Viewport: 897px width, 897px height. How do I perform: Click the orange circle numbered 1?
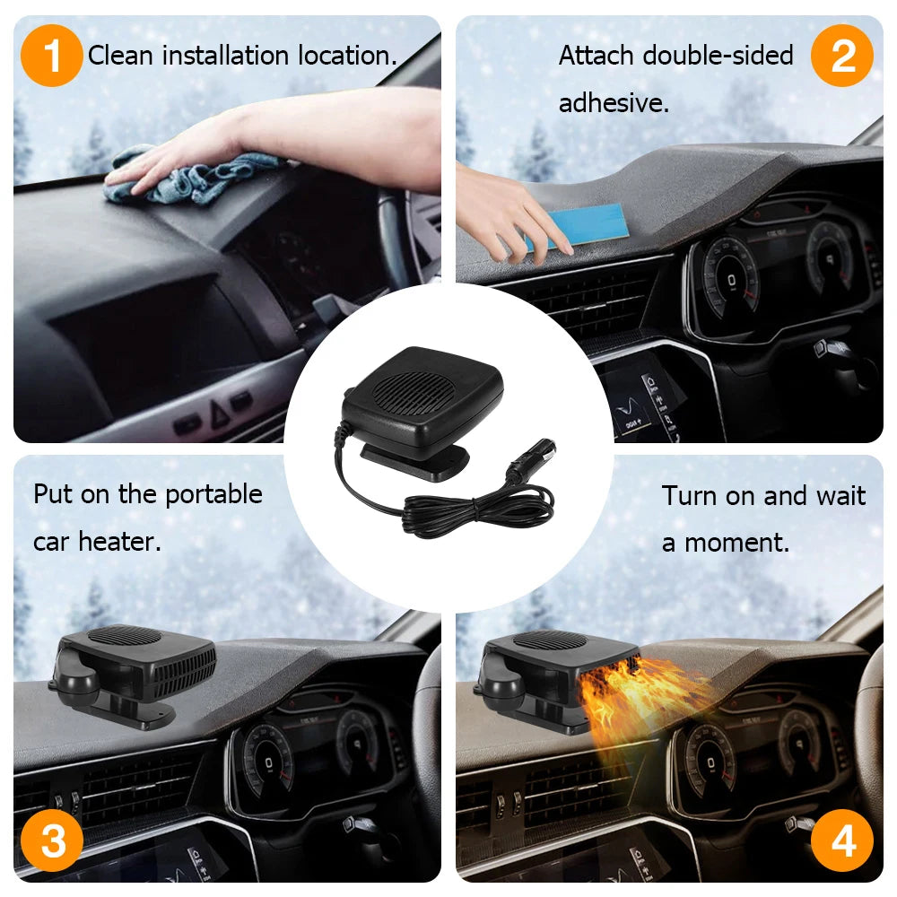pyautogui.click(x=51, y=56)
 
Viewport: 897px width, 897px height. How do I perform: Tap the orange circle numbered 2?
pyautogui.click(x=842, y=56)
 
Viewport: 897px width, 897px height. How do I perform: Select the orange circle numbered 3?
pyautogui.click(x=52, y=840)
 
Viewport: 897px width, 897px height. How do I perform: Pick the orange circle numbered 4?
pyautogui.click(x=842, y=840)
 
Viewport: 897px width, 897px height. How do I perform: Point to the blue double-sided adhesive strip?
pyautogui.click(x=578, y=227)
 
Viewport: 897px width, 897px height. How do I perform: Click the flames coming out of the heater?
pyautogui.click(x=640, y=703)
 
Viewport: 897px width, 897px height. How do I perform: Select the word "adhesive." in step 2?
pyautogui.click(x=614, y=103)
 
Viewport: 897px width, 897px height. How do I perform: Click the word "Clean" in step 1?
pyautogui.click(x=120, y=56)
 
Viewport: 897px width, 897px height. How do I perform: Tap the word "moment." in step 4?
pyautogui.click(x=736, y=543)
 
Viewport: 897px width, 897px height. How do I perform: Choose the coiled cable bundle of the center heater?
pyautogui.click(x=478, y=509)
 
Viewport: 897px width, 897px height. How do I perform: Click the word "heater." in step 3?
pyautogui.click(x=119, y=542)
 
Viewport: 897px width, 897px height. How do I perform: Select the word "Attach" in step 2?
pyautogui.click(x=597, y=56)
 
